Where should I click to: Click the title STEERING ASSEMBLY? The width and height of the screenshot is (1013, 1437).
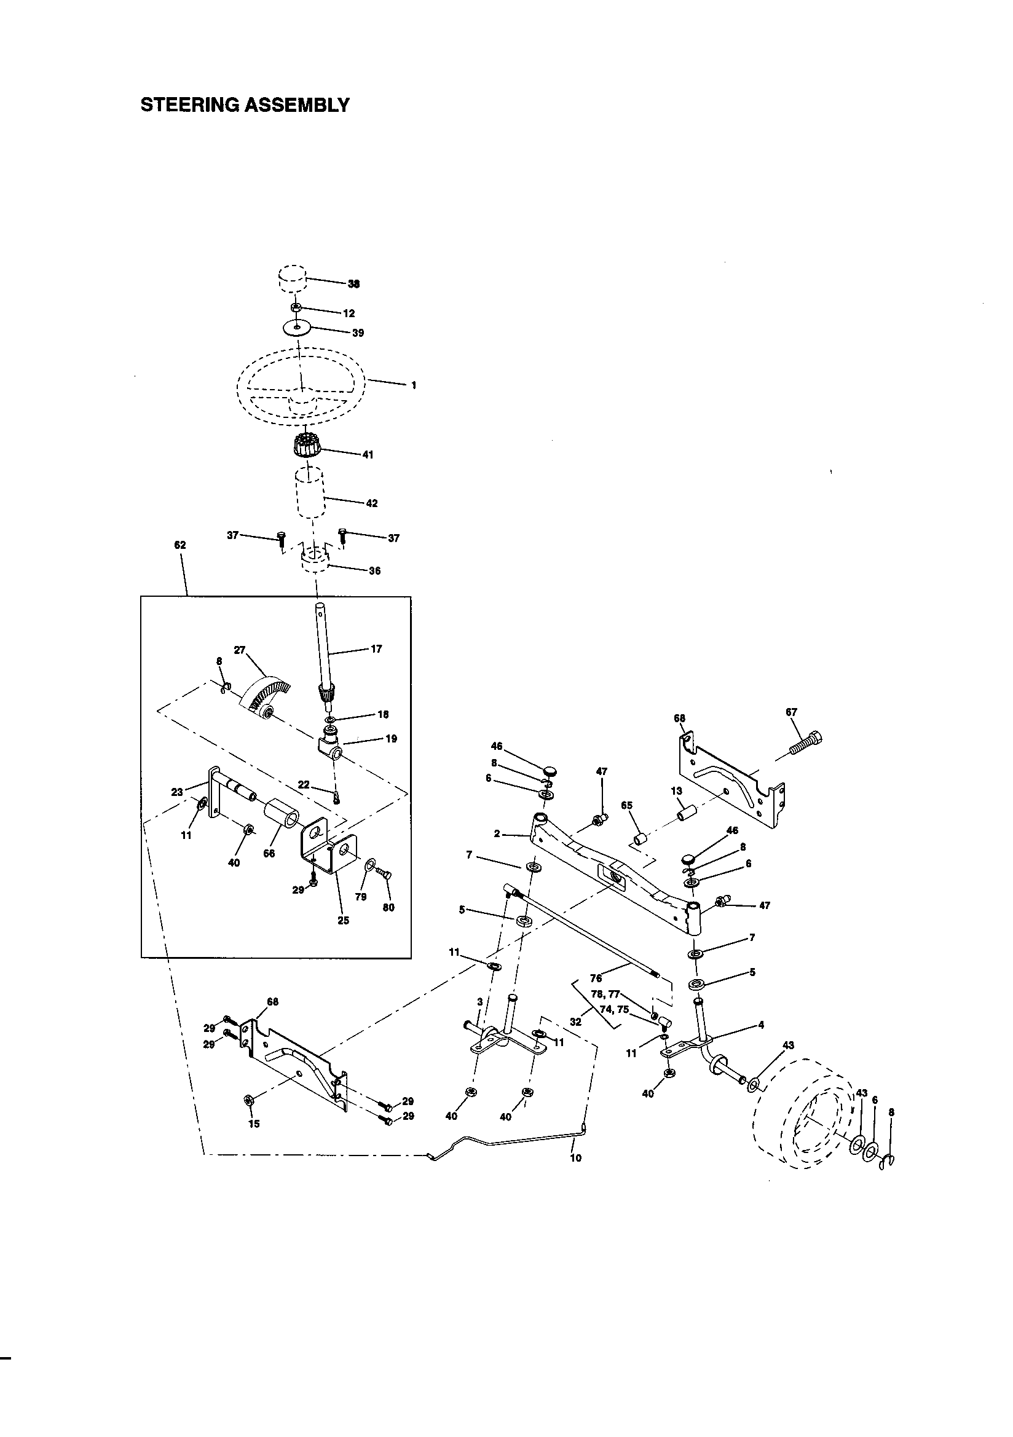(245, 104)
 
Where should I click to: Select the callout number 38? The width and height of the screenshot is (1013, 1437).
(353, 283)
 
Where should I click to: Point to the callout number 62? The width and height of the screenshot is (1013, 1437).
(179, 545)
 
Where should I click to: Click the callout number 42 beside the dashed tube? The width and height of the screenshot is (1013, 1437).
(371, 503)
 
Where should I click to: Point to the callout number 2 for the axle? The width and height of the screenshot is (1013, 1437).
(497, 833)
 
